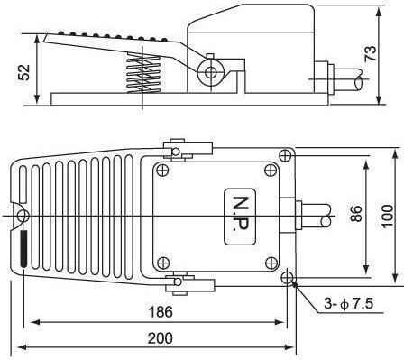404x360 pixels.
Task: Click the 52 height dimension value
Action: [24, 72]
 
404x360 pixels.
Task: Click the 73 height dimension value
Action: [371, 53]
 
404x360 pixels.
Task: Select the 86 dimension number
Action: [356, 213]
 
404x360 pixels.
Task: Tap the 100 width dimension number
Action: [388, 217]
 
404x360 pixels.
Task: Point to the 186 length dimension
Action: [161, 312]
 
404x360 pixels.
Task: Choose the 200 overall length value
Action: [161, 338]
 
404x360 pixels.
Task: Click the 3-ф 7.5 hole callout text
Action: [349, 303]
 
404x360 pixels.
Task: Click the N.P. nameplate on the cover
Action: [240, 216]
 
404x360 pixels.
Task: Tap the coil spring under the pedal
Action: [142, 73]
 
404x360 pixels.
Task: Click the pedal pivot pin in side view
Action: [211, 72]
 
